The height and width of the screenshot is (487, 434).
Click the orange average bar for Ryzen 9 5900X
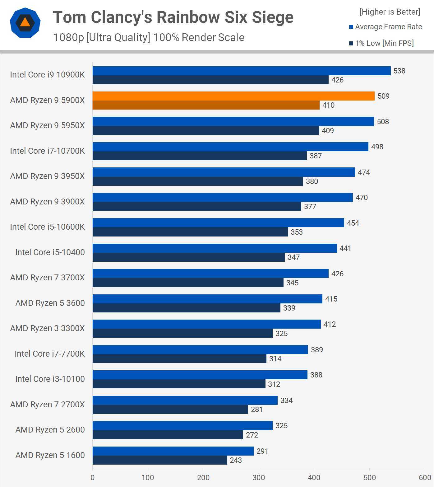(x=233, y=96)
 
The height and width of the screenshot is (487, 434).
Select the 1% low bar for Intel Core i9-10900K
(x=210, y=80)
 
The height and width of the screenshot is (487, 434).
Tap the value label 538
(x=399, y=71)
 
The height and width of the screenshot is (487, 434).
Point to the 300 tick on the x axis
(x=259, y=478)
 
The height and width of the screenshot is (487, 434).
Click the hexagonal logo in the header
(x=25, y=23)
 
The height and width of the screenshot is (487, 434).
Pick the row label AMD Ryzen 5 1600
(x=50, y=455)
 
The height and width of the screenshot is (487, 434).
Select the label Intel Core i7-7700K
(x=50, y=354)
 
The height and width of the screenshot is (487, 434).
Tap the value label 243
(x=236, y=460)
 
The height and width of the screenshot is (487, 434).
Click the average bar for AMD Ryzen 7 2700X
(x=185, y=400)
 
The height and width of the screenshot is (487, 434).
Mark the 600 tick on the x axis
(x=425, y=478)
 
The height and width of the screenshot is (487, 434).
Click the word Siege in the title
(x=272, y=17)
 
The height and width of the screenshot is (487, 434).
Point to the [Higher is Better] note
(x=390, y=12)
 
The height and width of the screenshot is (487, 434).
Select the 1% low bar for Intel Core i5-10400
(x=188, y=257)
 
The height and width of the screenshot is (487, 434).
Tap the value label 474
(x=364, y=172)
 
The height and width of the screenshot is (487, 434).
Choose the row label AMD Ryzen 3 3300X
(x=47, y=328)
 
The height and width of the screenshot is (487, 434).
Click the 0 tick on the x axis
(x=92, y=478)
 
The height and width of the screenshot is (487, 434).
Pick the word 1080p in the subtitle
(x=68, y=37)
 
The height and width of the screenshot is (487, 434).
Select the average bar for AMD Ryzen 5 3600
(x=207, y=299)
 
